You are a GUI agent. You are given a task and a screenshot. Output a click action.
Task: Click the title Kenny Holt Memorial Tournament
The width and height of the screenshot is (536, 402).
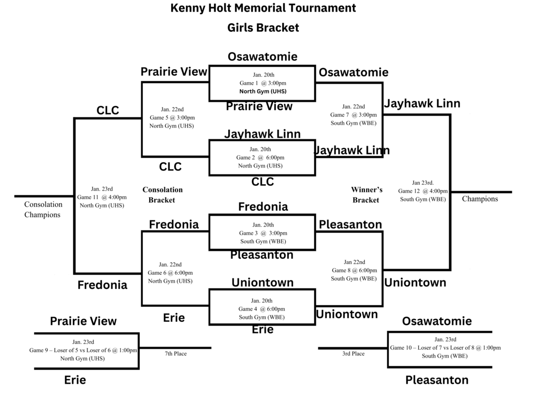pos(263,8)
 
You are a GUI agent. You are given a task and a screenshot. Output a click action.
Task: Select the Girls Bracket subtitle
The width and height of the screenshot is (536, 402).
pos(263,28)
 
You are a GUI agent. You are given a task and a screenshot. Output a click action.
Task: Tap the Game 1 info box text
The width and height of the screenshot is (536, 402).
pos(263,83)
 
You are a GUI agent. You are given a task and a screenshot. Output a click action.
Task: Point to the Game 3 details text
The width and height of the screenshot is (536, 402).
pos(263,233)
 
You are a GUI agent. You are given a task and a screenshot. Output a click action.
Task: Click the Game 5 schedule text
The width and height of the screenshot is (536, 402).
pos(172,117)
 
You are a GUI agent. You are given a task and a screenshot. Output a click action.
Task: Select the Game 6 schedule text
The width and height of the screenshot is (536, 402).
pos(170,273)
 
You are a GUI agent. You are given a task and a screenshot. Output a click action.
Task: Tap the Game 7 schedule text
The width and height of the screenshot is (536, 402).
pos(353,115)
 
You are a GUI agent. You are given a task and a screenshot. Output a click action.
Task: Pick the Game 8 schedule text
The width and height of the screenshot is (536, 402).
pos(354,270)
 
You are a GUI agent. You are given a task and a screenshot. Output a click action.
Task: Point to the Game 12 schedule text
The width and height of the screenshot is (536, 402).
pos(423,191)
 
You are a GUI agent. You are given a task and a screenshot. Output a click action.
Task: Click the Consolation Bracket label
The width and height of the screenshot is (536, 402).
pos(162,195)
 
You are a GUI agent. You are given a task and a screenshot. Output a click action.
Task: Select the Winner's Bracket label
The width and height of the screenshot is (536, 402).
pos(366,195)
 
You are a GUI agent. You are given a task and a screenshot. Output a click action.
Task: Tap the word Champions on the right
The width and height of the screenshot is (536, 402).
pos(479,199)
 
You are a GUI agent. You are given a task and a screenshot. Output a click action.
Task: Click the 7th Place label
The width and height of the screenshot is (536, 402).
pos(175,354)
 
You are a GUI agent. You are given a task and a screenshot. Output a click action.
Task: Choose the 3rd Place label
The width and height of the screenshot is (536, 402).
pos(353,354)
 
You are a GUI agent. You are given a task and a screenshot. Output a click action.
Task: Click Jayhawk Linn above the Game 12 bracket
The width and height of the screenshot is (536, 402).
pos(422,104)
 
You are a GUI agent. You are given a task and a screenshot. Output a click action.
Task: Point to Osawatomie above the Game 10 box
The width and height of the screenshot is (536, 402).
pos(437,321)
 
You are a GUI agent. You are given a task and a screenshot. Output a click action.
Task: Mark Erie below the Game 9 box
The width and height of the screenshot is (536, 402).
pos(75,381)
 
